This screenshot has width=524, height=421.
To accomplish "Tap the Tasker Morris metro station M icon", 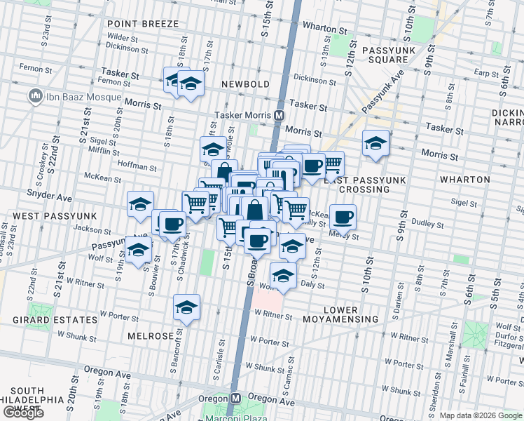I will (280, 115).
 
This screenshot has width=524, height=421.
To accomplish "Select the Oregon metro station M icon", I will (236, 398).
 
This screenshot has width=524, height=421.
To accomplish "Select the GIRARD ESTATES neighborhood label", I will (55, 320).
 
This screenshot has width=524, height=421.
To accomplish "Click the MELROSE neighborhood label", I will (151, 336).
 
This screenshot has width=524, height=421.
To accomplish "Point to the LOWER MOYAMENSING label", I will (350, 314).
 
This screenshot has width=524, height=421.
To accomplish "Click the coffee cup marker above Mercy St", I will (343, 217).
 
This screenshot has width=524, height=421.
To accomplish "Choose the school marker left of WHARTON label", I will (375, 143).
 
